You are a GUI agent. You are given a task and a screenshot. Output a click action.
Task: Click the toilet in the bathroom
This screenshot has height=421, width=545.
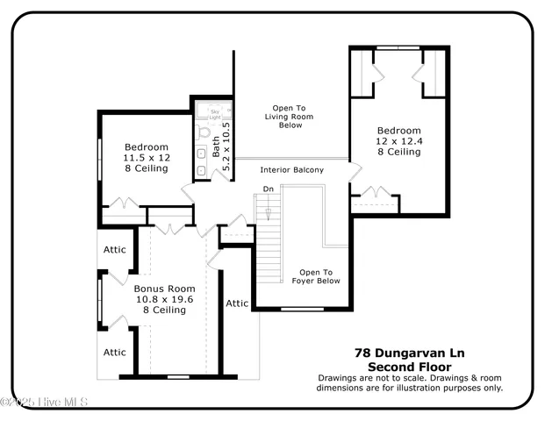coord(205,133)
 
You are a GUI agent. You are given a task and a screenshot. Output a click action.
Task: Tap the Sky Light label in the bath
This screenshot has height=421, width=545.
coord(214,114)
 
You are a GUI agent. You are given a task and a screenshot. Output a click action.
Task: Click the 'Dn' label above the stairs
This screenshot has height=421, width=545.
coord(269,189)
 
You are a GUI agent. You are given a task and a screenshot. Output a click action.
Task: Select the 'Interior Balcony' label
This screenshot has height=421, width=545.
coord(292,170)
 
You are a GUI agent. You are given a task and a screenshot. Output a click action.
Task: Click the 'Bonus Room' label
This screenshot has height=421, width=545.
coord(164,288)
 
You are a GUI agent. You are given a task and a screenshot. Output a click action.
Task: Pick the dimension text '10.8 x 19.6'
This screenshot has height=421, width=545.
coord(163,299)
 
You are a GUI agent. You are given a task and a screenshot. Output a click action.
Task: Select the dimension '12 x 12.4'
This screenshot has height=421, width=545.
coord(399,140)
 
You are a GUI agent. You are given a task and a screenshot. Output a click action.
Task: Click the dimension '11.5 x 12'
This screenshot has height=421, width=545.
coord(147,157)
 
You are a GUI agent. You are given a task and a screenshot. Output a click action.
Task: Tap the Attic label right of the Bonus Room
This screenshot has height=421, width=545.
coord(237,303)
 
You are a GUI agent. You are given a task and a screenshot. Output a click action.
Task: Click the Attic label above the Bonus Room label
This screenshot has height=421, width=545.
coord(115,250)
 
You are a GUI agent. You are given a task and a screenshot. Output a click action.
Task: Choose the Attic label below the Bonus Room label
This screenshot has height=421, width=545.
coord(115,353)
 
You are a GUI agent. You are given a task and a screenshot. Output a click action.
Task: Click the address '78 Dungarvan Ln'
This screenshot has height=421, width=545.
coord(409,353)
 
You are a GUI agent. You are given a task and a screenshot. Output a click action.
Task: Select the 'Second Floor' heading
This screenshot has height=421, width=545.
coord(409,366)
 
